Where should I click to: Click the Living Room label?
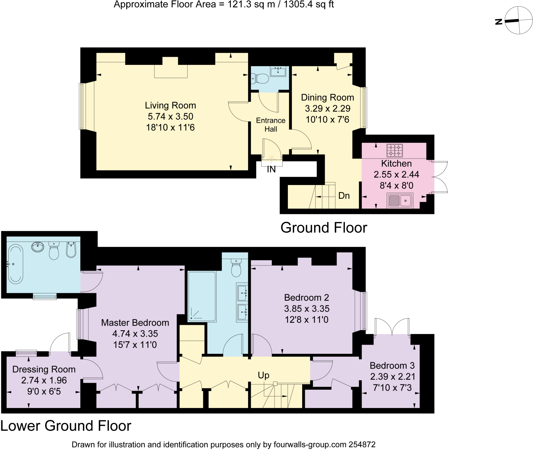pyautogui.click(x=170, y=105)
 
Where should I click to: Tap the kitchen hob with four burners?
pyautogui.click(x=395, y=150)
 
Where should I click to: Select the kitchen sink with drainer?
pyautogui.click(x=400, y=200)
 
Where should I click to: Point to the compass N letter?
pyautogui.click(x=499, y=22)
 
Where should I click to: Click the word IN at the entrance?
pyautogui.click(x=271, y=169)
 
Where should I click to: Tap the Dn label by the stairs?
pyautogui.click(x=344, y=196)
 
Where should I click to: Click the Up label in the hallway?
pyautogui.click(x=263, y=375)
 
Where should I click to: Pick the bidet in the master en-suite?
pyautogui.click(x=71, y=250)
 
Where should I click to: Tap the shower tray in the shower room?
pyautogui.click(x=202, y=296)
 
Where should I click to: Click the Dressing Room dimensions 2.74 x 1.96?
pyautogui.click(x=44, y=380)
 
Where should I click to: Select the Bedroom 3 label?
pyautogui.click(x=392, y=365)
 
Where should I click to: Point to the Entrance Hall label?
pyautogui.click(x=271, y=125)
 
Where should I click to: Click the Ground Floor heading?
pyautogui.click(x=323, y=228)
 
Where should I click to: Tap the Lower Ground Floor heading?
pyautogui.click(x=66, y=426)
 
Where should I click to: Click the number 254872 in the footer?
pyautogui.click(x=362, y=444)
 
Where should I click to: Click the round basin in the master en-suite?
pyautogui.click(x=38, y=247)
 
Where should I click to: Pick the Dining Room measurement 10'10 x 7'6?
pyautogui.click(x=327, y=119)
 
